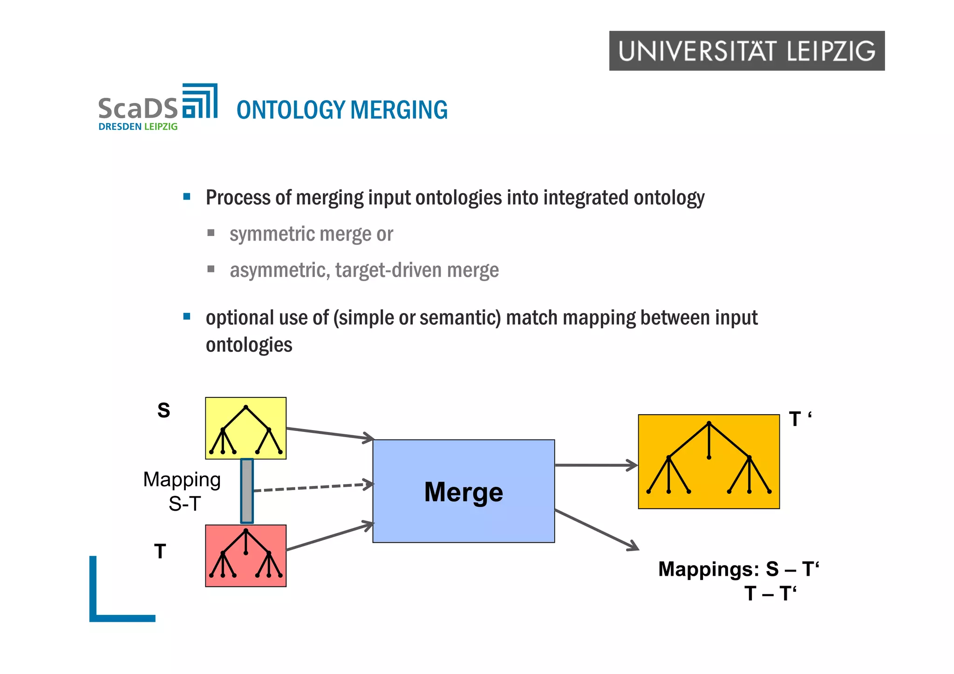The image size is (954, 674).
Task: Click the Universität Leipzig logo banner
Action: tap(746, 51)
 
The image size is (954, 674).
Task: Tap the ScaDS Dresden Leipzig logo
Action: tap(157, 108)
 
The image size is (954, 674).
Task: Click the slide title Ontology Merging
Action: tap(342, 110)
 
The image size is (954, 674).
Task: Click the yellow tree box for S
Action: tap(245, 428)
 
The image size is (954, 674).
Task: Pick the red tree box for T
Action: tap(245, 556)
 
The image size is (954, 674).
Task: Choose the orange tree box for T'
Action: tap(709, 461)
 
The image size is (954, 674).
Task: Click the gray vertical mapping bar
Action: tap(247, 491)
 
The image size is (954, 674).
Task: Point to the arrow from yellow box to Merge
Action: tap(329, 433)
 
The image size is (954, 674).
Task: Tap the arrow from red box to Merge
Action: tap(329, 537)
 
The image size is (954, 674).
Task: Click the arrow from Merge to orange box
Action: tap(596, 465)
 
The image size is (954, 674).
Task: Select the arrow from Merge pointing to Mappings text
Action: tap(597, 530)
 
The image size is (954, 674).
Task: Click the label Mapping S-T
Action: tap(183, 491)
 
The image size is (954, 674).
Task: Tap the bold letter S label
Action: tap(164, 411)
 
